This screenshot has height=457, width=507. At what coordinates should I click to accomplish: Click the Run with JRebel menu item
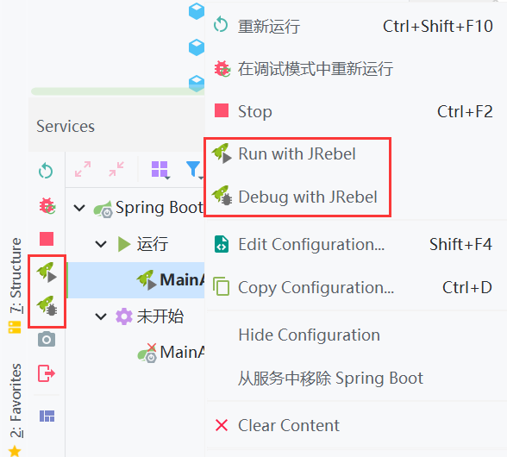click(x=297, y=154)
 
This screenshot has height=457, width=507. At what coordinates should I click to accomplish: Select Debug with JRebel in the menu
click(x=308, y=197)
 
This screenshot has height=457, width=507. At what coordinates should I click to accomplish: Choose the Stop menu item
click(x=255, y=111)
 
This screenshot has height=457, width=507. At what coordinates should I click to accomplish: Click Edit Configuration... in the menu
click(x=311, y=245)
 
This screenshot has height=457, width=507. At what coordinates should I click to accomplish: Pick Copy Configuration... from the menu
click(x=316, y=287)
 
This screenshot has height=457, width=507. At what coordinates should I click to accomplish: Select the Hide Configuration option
click(x=309, y=335)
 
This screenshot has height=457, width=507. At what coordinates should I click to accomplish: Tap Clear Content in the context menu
click(x=289, y=425)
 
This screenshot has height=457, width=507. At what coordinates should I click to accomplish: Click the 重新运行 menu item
click(x=269, y=26)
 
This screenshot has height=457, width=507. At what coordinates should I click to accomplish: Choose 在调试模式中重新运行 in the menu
click(x=316, y=69)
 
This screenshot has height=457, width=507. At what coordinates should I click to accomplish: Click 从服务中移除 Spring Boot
click(x=330, y=378)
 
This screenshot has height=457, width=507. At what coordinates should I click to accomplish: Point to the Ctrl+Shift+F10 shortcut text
click(x=438, y=26)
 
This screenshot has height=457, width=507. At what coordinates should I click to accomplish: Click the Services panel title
click(x=66, y=126)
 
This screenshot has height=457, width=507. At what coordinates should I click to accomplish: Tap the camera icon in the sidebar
click(x=47, y=339)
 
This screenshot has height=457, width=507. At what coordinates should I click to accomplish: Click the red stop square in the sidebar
click(x=47, y=239)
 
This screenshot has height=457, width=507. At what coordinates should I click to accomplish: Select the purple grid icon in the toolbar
click(x=160, y=170)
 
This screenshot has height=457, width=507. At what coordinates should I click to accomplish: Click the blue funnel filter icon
click(x=194, y=170)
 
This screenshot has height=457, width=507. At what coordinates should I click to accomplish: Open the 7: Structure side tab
click(x=16, y=276)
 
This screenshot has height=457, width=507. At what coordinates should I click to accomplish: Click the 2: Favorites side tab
click(x=16, y=400)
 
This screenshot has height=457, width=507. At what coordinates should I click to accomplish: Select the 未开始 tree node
click(x=160, y=316)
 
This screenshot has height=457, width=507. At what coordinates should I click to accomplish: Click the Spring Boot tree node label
click(x=160, y=208)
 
